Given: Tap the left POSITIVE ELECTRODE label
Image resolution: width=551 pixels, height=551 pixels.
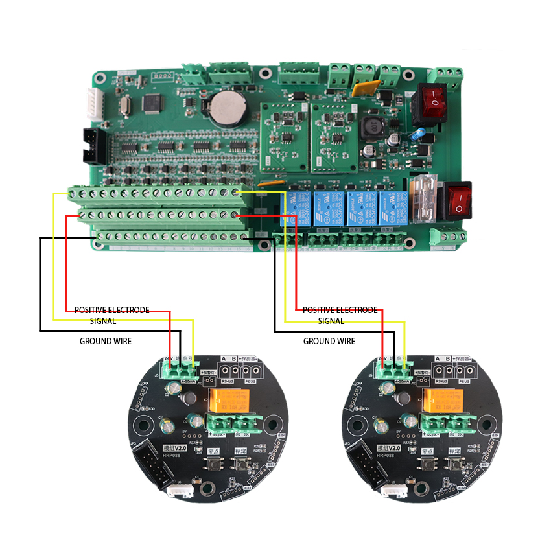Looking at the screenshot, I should (112, 310).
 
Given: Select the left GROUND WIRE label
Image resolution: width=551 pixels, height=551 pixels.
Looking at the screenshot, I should (106, 341).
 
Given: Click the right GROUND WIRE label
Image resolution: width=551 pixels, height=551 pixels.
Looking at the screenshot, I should (329, 341).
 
